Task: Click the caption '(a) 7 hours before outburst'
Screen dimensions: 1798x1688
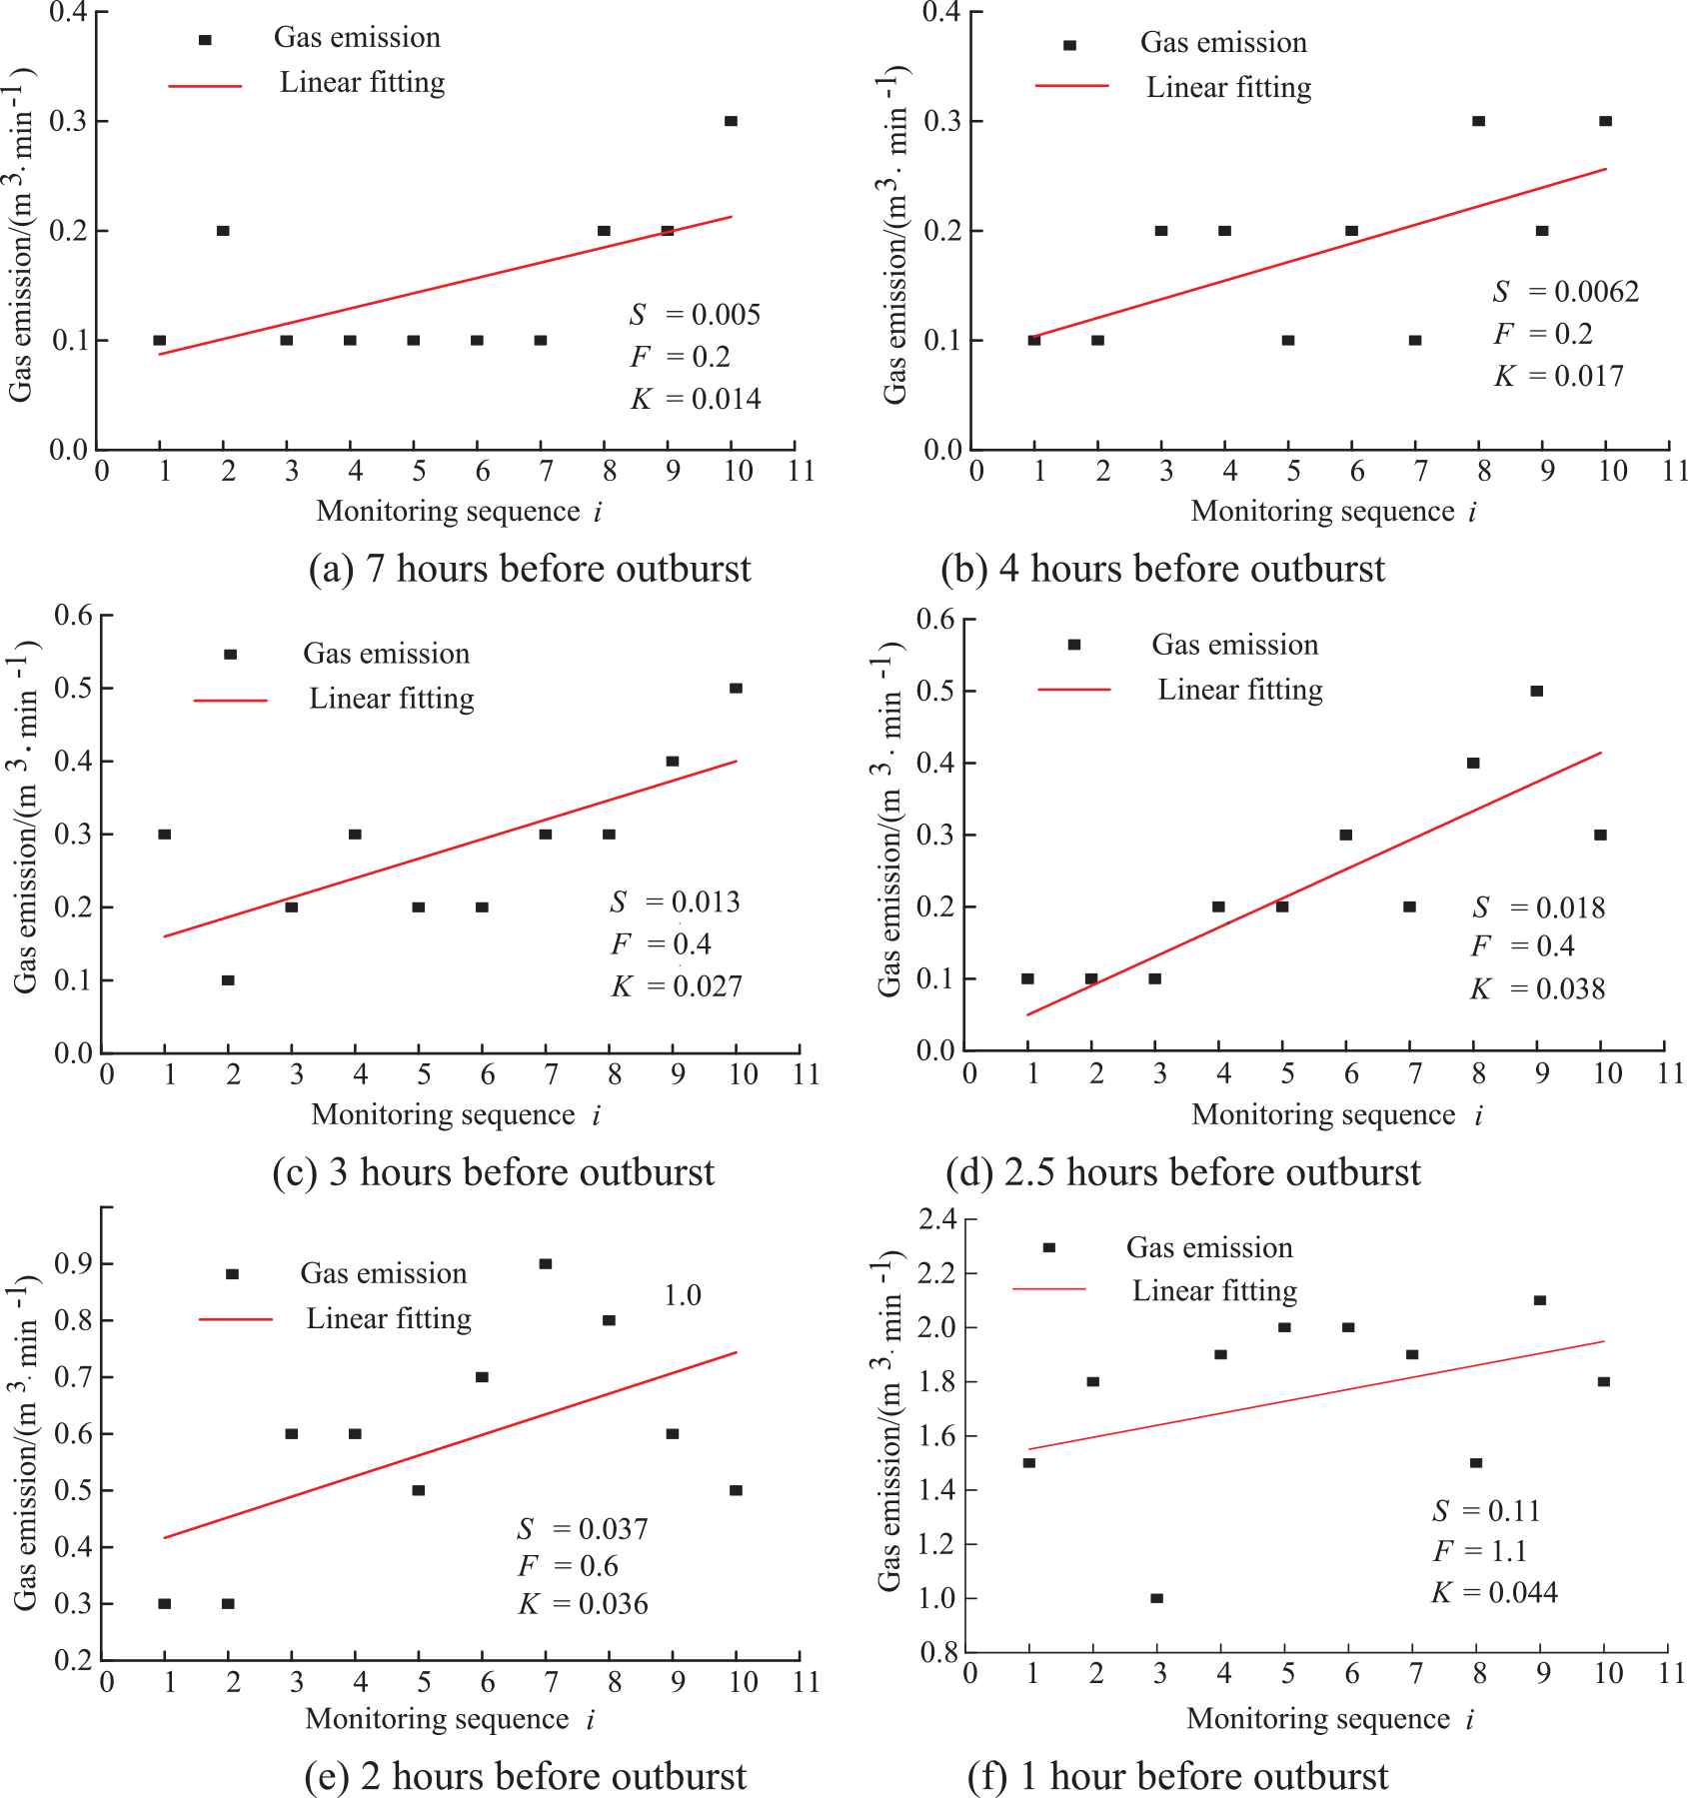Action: point(530,569)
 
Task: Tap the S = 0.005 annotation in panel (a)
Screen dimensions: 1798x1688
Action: point(695,315)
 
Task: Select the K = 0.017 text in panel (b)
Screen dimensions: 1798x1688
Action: point(1559,377)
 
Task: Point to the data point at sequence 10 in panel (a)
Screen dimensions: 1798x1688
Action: point(731,121)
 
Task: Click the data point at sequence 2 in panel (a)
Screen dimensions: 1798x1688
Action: point(223,231)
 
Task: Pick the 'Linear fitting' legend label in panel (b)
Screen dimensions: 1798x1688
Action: point(1228,88)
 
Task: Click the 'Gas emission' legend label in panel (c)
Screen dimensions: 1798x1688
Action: point(386,654)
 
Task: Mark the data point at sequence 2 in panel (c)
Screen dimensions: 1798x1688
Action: point(228,980)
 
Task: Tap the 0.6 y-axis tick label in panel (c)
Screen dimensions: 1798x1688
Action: point(73,615)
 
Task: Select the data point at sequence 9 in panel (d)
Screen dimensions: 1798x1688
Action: point(1537,692)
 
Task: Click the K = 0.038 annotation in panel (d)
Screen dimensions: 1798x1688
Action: point(1537,989)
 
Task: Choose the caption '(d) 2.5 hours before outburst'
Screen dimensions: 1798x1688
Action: point(1182,1172)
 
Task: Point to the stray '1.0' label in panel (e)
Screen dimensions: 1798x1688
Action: point(683,1296)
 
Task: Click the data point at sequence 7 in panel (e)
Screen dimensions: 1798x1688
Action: point(546,1264)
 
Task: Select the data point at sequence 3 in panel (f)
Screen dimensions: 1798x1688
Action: point(1157,1598)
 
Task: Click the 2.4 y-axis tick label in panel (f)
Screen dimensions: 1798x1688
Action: point(937,1219)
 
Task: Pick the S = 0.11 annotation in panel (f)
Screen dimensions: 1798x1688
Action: point(1486,1510)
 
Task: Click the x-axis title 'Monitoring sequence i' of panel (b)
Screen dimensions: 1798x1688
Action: point(1333,512)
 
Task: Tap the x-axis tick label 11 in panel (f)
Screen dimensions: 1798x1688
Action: point(1672,1673)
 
